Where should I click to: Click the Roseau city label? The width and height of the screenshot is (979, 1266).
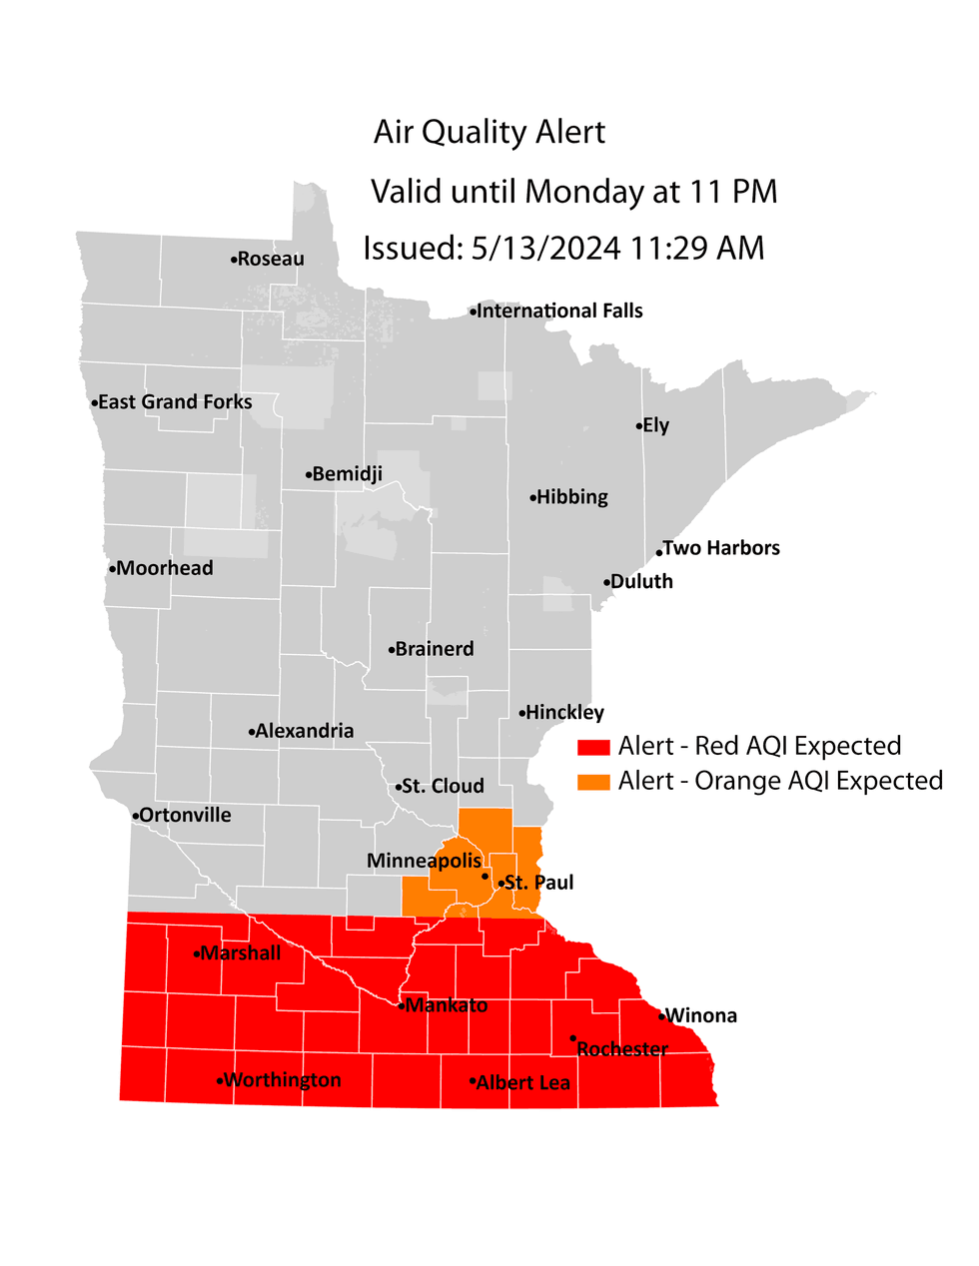point(271,260)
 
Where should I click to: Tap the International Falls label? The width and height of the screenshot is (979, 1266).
point(559,312)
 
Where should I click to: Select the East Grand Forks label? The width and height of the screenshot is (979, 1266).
point(175,402)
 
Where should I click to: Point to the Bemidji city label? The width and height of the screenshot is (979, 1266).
point(347,474)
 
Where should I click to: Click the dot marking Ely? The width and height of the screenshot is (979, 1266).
point(639,426)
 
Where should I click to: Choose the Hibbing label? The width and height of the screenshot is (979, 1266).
point(571,497)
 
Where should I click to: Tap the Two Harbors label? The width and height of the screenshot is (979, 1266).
point(721,548)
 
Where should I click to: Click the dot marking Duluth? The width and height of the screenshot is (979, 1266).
point(606,583)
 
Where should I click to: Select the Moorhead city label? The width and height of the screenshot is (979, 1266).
point(165,568)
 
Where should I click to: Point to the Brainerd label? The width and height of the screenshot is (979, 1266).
point(435,649)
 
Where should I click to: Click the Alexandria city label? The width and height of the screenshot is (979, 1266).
point(305,731)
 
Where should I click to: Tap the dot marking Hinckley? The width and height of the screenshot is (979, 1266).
point(521,713)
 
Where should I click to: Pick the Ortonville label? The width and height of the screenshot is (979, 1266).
point(185,816)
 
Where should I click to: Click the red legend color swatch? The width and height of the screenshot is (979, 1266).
point(593,748)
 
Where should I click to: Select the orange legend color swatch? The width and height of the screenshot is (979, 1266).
point(593,782)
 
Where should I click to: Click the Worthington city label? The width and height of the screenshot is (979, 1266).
point(283,1080)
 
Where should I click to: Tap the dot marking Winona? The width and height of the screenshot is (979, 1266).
point(661,1016)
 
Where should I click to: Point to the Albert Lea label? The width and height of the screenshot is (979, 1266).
point(523,1083)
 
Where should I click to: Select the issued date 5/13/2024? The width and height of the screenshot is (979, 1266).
point(546,249)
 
